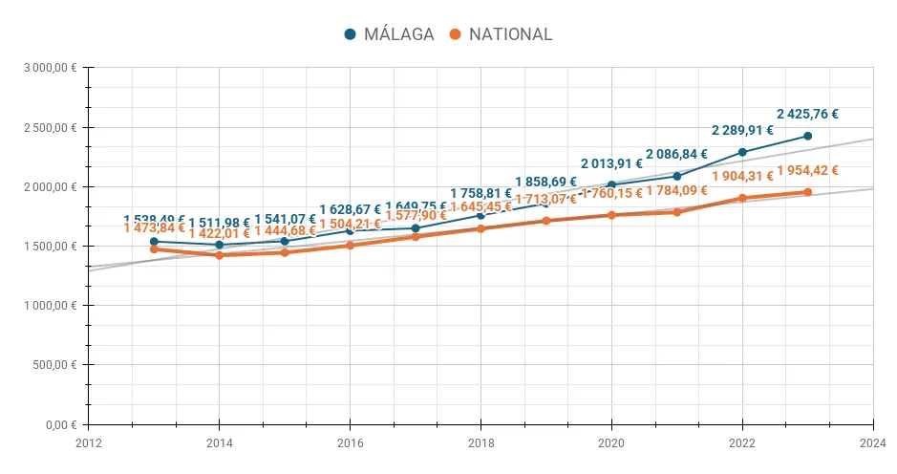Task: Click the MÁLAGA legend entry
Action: [x=389, y=34]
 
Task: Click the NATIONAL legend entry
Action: [x=501, y=34]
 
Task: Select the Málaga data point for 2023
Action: [x=807, y=136]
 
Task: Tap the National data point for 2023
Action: [x=807, y=192]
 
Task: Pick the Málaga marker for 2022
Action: [x=742, y=152]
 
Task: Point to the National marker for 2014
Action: [x=220, y=255]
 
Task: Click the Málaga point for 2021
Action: [x=677, y=176]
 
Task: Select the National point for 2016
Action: [x=350, y=246]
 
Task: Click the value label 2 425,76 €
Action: [x=807, y=114]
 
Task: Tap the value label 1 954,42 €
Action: [x=807, y=171]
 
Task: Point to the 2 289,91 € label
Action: [x=742, y=130]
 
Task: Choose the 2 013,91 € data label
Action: [x=611, y=163]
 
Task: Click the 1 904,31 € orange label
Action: [x=742, y=177]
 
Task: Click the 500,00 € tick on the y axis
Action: [x=55, y=365]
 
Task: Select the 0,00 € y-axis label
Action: [x=61, y=424]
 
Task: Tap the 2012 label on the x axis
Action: [x=88, y=442]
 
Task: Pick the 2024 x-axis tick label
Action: [x=873, y=442]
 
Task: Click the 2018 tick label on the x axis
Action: [x=481, y=442]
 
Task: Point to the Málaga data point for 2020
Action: [x=611, y=184]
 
